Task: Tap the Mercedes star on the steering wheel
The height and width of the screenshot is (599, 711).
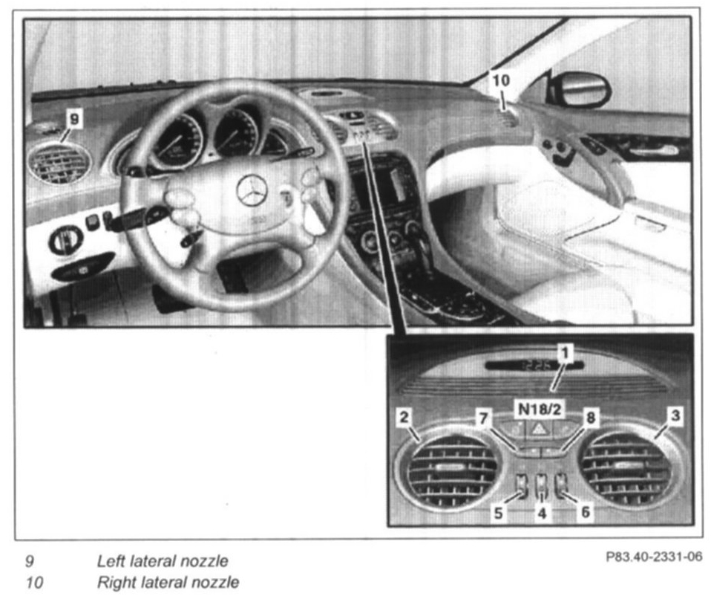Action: [x=252, y=190]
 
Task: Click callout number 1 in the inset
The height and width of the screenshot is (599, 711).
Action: [x=566, y=352]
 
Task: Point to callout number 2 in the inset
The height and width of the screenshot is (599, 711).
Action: [x=404, y=417]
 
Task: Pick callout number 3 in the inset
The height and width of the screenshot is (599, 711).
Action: [x=674, y=417]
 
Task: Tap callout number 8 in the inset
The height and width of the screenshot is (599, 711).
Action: [x=591, y=418]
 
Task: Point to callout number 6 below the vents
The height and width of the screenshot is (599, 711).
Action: [x=586, y=513]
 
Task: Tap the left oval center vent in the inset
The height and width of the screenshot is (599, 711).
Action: [x=452, y=470]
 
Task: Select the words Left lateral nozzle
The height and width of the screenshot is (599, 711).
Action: [x=162, y=561]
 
